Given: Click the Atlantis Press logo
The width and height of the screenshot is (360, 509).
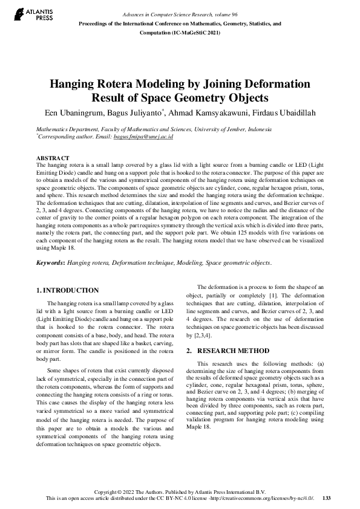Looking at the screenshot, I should pyautogui.click(x=36, y=15).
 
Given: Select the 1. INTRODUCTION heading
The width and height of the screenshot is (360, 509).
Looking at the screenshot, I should pyautogui.click(x=68, y=290).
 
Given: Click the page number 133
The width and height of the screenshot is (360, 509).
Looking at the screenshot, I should pyautogui.click(x=327, y=498).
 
